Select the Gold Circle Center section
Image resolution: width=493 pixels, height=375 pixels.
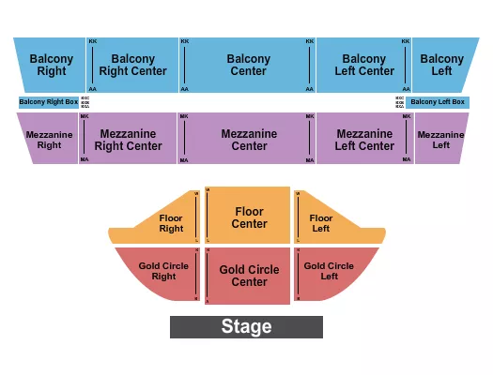249,277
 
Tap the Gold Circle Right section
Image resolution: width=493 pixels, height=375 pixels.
162,271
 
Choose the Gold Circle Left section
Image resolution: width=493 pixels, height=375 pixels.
329,271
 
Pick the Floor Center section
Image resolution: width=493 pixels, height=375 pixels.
249,217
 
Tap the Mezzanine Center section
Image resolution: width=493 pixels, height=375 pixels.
249,140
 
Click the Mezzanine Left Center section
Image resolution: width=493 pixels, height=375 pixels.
364,140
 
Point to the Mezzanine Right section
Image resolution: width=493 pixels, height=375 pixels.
49,140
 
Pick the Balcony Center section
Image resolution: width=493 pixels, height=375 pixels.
249,65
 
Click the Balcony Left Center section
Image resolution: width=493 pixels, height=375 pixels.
364,65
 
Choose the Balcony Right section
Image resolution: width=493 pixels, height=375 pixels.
51,65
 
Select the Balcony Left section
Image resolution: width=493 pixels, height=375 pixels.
441,65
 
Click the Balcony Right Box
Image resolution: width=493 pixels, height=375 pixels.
48,101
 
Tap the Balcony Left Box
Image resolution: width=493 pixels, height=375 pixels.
438,101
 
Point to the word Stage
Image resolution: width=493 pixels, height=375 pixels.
246,327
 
